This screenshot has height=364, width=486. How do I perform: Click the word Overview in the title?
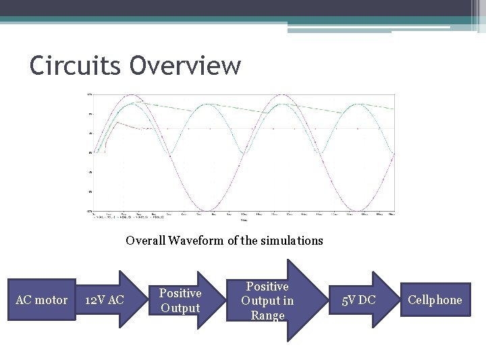point(185,65)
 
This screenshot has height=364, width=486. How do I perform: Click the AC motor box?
point(41,300)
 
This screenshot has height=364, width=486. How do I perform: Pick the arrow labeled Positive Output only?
point(181,301)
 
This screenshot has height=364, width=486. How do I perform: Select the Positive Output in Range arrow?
point(269,301)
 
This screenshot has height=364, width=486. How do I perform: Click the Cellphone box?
point(435,300)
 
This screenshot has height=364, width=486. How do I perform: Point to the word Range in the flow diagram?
point(268,315)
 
